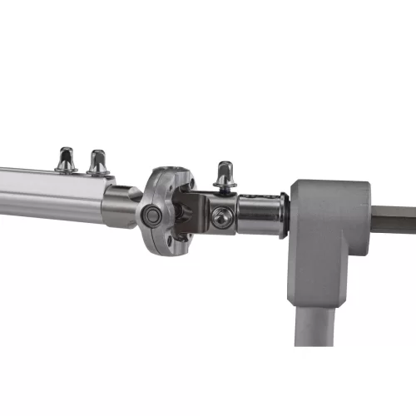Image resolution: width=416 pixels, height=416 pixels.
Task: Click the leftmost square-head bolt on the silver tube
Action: (66, 159)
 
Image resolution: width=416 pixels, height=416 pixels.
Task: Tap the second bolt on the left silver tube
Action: (98, 161)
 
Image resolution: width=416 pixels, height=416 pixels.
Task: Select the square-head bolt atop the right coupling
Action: (223, 175)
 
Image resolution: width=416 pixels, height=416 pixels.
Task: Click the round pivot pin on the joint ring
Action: (152, 215)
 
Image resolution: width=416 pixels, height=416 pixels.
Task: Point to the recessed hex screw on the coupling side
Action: (220, 218)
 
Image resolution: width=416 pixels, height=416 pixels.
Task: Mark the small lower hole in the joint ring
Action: (170, 242)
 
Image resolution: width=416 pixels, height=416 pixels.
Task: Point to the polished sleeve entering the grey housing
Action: (261, 215)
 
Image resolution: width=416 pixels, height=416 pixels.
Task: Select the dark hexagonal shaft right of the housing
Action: (393, 220)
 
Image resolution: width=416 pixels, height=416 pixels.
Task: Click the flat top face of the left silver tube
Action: (50, 176)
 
